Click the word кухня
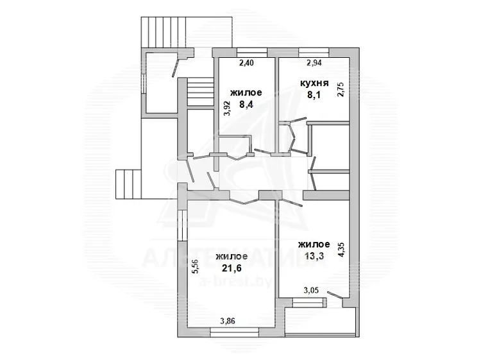314,83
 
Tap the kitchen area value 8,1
314,95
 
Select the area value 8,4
246,105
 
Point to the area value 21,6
232,268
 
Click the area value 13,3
314,256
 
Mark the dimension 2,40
247,63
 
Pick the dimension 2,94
314,63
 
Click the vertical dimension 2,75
341,89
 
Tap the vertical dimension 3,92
227,108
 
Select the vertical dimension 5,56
196,266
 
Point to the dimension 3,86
228,321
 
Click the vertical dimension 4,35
341,250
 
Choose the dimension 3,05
311,290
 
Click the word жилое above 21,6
232,257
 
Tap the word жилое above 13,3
314,244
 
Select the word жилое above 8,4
246,92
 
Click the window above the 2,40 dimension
252,53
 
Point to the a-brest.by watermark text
235,282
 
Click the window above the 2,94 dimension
314,53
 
